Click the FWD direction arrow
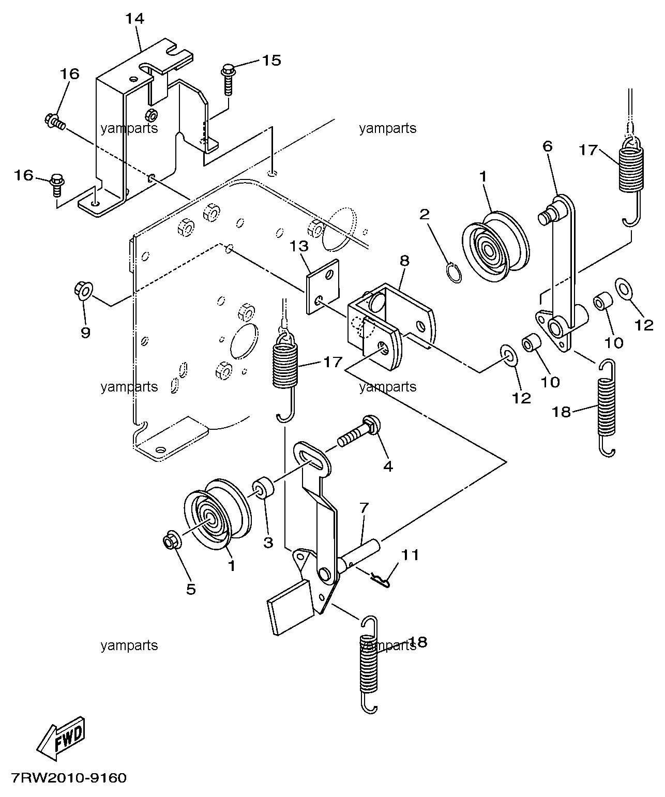point(61,739)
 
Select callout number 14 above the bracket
point(135,18)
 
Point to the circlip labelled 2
point(454,273)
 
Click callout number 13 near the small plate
point(299,247)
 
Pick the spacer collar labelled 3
point(263,487)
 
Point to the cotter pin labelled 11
point(381,581)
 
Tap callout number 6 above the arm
point(548,146)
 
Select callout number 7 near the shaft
point(364,508)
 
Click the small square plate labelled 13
point(323,287)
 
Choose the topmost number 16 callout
point(69,73)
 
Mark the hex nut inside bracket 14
point(152,114)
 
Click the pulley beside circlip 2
point(496,247)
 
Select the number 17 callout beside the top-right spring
point(588,150)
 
